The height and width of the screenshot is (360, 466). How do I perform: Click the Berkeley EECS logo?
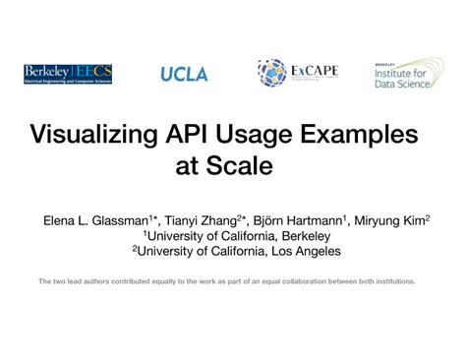[68, 74]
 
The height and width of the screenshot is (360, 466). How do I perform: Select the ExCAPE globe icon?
[271, 73]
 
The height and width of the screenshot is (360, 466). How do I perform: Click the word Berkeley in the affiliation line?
[301, 236]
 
